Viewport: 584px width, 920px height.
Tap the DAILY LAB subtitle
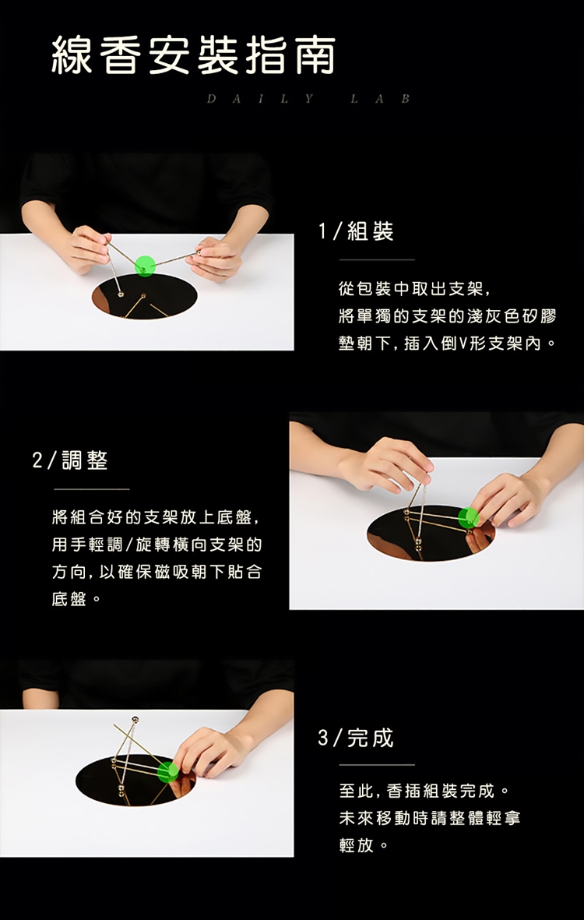309,99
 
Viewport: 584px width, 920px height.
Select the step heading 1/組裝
356,232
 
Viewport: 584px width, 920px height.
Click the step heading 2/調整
70,460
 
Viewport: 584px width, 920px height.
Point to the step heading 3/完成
356,738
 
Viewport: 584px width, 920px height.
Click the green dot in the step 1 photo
145,266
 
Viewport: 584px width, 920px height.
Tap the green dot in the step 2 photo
469,517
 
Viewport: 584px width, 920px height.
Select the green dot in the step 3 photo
167,771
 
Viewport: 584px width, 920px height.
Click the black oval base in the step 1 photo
144,296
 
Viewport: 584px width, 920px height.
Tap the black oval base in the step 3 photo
136,781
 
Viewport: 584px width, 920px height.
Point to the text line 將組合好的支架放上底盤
156,517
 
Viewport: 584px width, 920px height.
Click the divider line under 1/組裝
377,259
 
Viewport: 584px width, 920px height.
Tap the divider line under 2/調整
91,488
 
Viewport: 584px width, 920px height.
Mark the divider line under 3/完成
377,765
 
